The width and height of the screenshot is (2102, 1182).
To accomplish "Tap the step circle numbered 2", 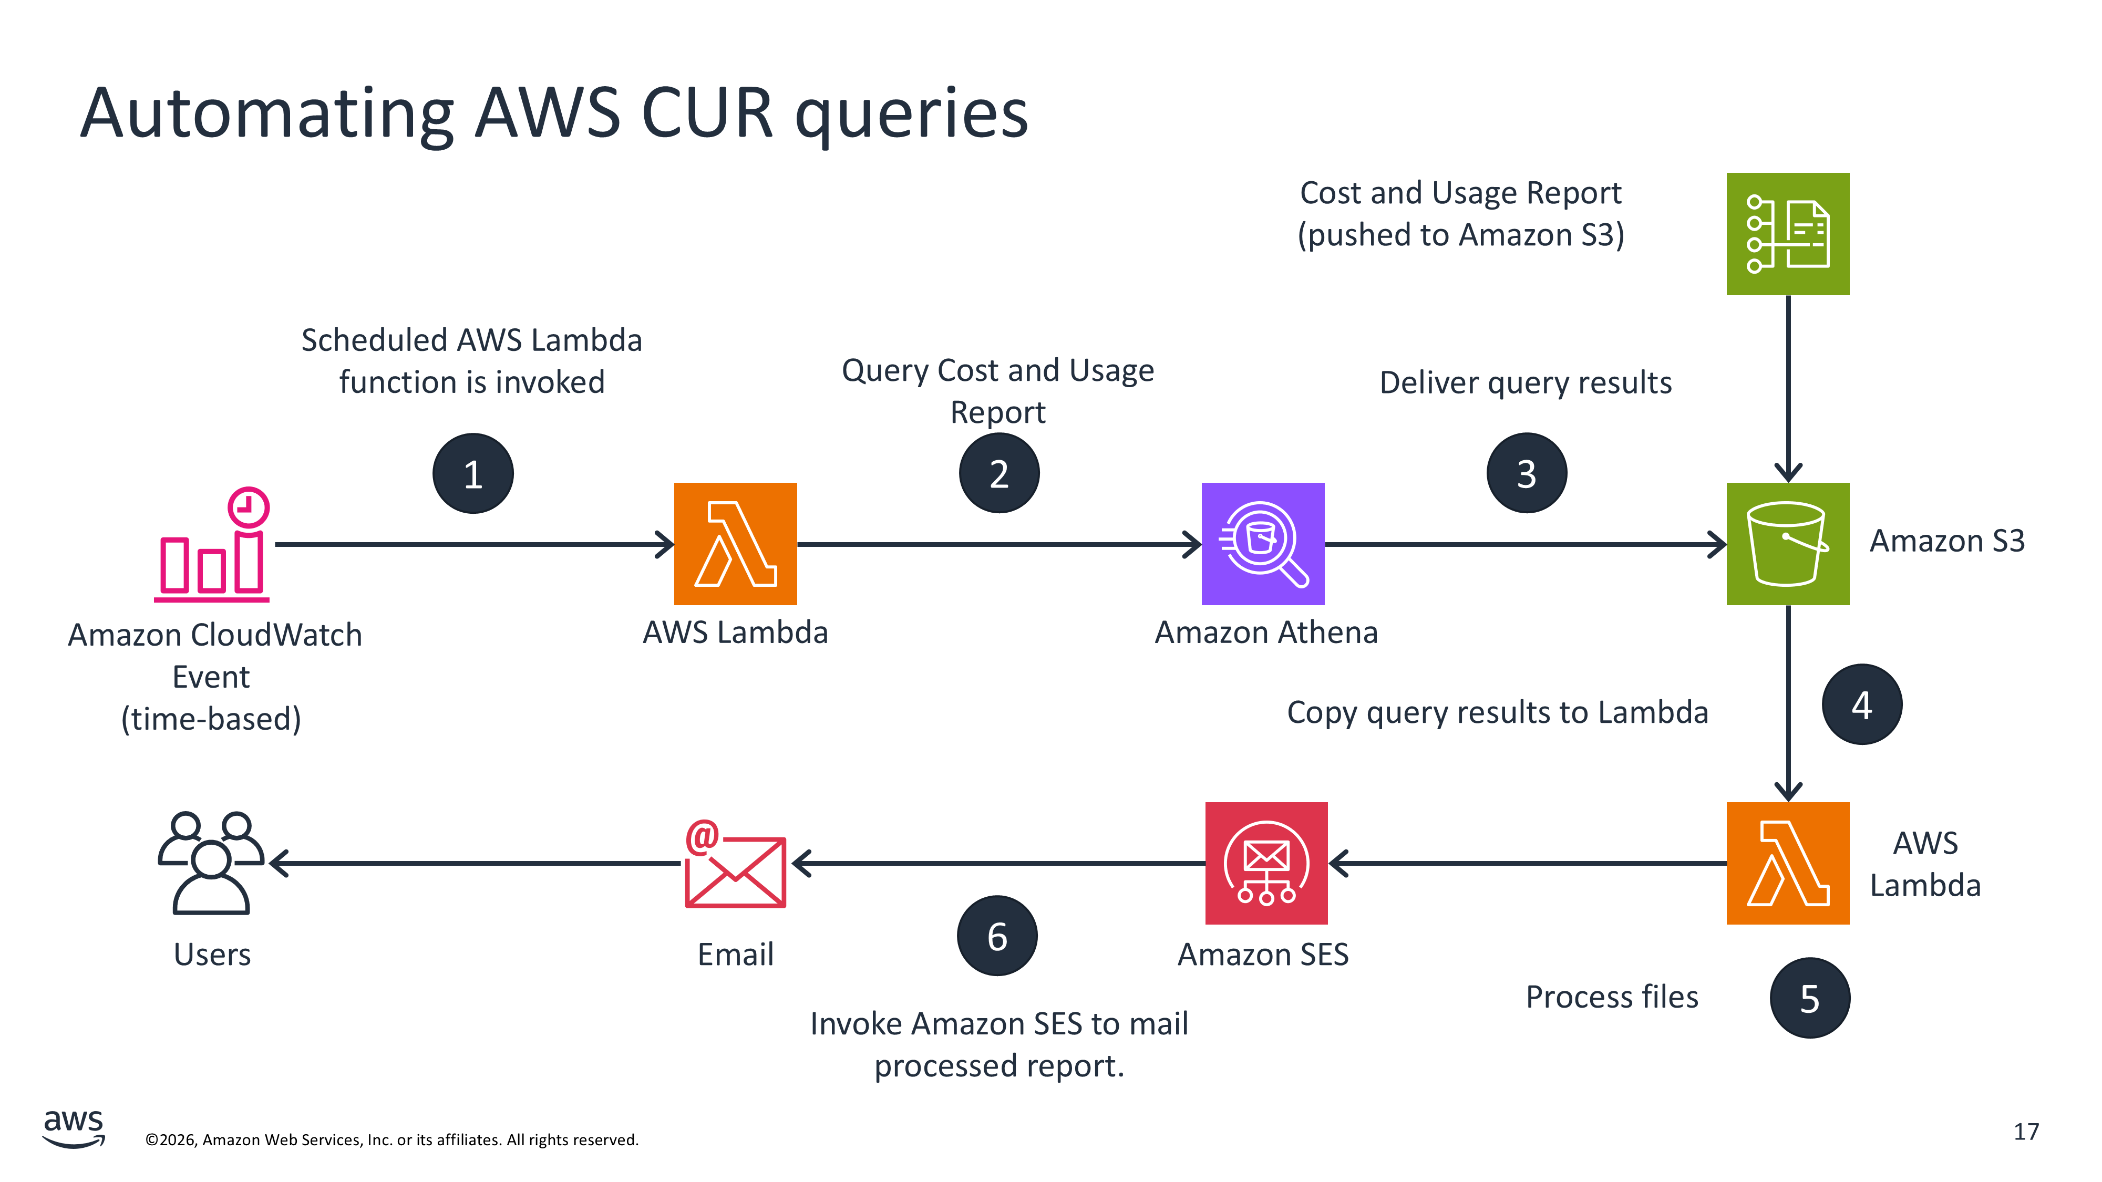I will (999, 474).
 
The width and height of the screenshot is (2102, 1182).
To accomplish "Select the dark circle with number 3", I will (1526, 474).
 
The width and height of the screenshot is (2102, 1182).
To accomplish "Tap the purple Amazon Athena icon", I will (1262, 544).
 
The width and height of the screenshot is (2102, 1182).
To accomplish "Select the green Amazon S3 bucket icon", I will (1787, 544).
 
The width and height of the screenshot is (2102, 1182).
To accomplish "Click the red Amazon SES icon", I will (1265, 863).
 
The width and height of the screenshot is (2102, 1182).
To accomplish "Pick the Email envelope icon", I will (735, 865).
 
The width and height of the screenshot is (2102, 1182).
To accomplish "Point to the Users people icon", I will (211, 863).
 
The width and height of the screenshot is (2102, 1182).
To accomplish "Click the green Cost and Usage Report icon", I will (1787, 234).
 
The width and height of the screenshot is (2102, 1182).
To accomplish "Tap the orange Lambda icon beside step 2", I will (735, 544).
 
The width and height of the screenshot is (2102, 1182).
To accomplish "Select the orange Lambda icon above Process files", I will (1787, 863).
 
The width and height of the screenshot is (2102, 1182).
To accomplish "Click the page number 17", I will (2025, 1132).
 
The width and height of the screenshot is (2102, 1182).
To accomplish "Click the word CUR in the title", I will (707, 113).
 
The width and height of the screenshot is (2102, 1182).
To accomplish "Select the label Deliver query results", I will (1525, 382).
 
